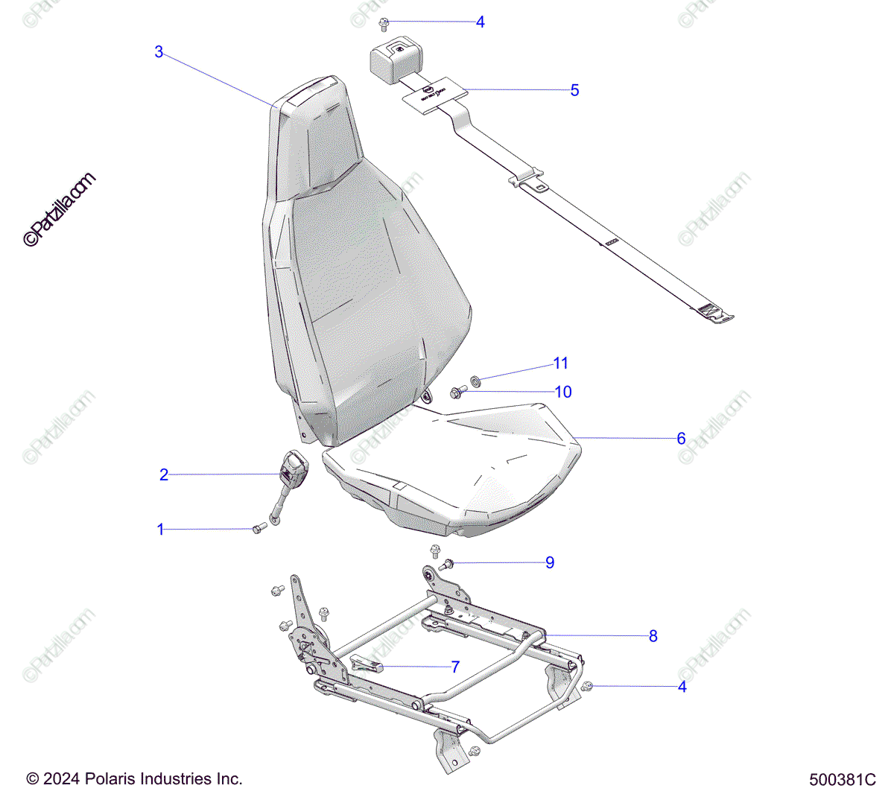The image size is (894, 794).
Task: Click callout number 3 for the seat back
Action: tap(159, 52)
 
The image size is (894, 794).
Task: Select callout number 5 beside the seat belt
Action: tap(574, 90)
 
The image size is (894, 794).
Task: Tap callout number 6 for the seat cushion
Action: tap(681, 439)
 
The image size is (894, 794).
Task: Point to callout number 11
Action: tap(561, 363)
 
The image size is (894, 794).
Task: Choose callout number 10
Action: tap(563, 392)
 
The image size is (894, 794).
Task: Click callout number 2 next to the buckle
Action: tap(164, 474)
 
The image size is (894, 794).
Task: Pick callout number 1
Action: tap(160, 530)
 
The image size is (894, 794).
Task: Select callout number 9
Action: tap(550, 562)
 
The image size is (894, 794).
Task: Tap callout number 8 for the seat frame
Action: tap(653, 636)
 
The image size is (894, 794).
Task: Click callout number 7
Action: tap(455, 667)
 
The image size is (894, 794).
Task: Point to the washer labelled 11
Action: tap(475, 381)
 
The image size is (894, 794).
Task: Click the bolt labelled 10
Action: tap(457, 391)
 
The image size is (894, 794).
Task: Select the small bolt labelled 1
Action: tap(259, 528)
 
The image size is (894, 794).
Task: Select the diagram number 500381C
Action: tap(843, 780)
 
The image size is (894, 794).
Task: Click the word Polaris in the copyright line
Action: tap(111, 779)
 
